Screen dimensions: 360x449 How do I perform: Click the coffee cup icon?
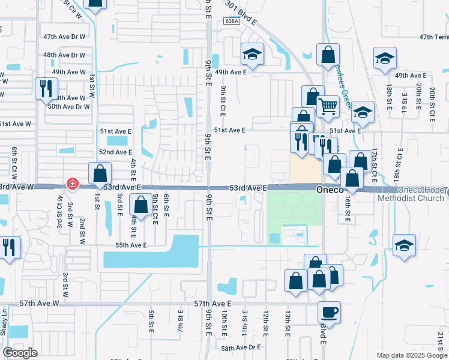tap(329, 312)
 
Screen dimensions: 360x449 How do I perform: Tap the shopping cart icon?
tap(327, 107)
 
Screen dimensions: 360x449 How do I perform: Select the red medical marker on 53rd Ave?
tap(71, 183)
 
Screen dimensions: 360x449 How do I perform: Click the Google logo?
tap(20, 353)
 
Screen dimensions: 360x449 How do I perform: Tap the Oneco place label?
tap(330, 188)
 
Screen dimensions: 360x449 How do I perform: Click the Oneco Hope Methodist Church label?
tap(420, 194)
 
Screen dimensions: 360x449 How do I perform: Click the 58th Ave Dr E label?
tap(241, 347)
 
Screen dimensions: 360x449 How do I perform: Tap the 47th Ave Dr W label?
tap(64, 37)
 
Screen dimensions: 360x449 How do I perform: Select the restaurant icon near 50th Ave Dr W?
tap(46, 89)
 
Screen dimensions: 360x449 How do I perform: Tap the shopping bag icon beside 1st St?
tap(100, 173)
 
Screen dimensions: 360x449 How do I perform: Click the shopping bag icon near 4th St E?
tap(140, 205)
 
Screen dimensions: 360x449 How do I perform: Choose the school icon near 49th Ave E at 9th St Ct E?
tap(252, 55)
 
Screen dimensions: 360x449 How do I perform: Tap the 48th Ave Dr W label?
tap(64, 55)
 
